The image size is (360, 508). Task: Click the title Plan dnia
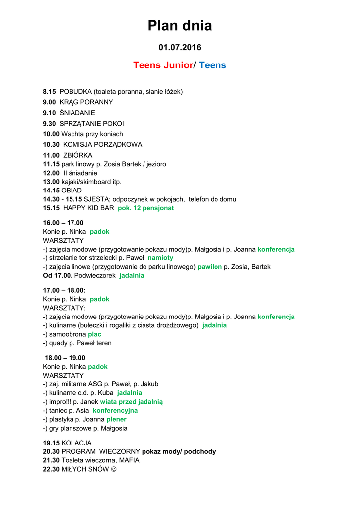(180, 26)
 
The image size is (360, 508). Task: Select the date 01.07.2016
(180, 48)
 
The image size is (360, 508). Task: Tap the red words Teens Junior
(162, 65)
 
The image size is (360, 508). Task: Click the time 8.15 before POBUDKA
(49, 92)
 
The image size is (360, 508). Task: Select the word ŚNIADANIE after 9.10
(77, 113)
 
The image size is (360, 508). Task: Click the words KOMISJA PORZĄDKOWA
(102, 145)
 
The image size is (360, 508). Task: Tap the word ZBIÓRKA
(78, 155)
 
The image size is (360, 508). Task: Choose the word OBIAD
(72, 190)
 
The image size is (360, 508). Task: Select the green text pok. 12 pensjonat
(146, 208)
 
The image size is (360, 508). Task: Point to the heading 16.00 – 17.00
(63, 223)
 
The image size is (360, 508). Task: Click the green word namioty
(160, 258)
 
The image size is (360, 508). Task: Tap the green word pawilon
(210, 267)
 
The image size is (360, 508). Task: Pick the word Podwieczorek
(95, 276)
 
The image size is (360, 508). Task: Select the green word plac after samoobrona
(94, 334)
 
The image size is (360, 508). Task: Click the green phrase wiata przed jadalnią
(131, 402)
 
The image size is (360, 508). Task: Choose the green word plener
(116, 419)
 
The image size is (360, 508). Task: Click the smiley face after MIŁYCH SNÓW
(114, 469)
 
